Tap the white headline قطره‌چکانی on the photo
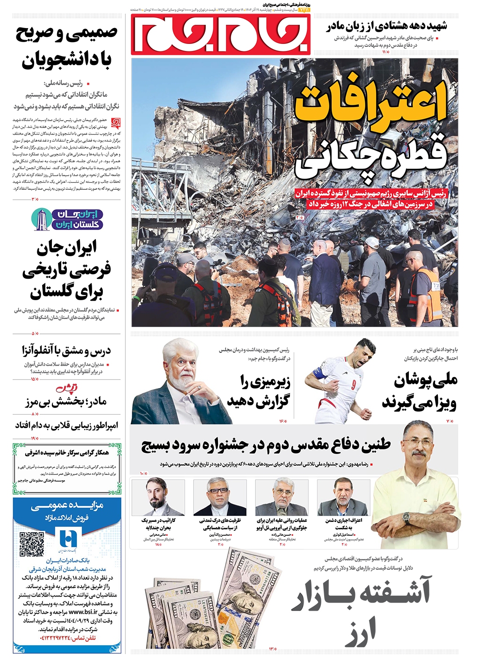pyautogui.click(x=372, y=158)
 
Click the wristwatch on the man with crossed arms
pyautogui.click(x=406, y=518)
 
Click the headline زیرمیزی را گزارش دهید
pyautogui.click(x=259, y=391)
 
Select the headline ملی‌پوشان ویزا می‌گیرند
pyautogui.click(x=419, y=391)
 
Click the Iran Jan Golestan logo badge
pyautogui.click(x=67, y=219)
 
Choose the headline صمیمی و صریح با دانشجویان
pyautogui.click(x=66, y=47)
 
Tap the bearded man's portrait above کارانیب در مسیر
pyautogui.click(x=158, y=497)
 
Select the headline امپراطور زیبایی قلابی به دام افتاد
pyautogui.click(x=66, y=425)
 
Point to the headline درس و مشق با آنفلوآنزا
pyautogui.click(x=66, y=350)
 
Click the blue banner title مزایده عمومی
pyautogui.click(x=67, y=506)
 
